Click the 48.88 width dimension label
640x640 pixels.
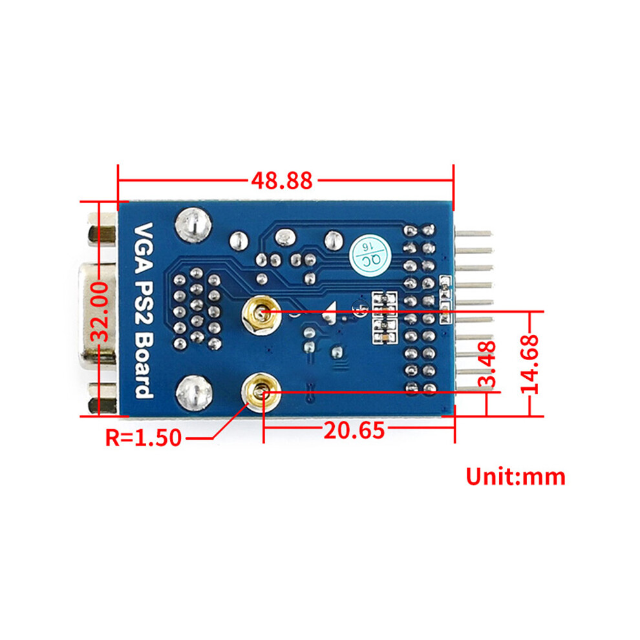pos(282,180)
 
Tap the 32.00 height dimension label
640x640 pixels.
pos(100,313)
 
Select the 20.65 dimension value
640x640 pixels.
pos(354,430)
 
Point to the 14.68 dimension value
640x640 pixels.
pos(530,364)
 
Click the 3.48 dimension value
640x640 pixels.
pos(487,364)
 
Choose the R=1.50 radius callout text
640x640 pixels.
pos(144,438)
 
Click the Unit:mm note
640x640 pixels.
pos(515,476)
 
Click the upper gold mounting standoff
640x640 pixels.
pos(261,315)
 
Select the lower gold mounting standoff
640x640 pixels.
pos(261,392)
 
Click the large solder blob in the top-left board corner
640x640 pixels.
pos(193,226)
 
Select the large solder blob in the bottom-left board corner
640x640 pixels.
pos(194,392)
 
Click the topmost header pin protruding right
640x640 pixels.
pos(473,234)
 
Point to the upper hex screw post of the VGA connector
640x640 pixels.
pos(102,235)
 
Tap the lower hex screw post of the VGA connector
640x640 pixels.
pos(102,399)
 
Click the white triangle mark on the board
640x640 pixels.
pos(330,313)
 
